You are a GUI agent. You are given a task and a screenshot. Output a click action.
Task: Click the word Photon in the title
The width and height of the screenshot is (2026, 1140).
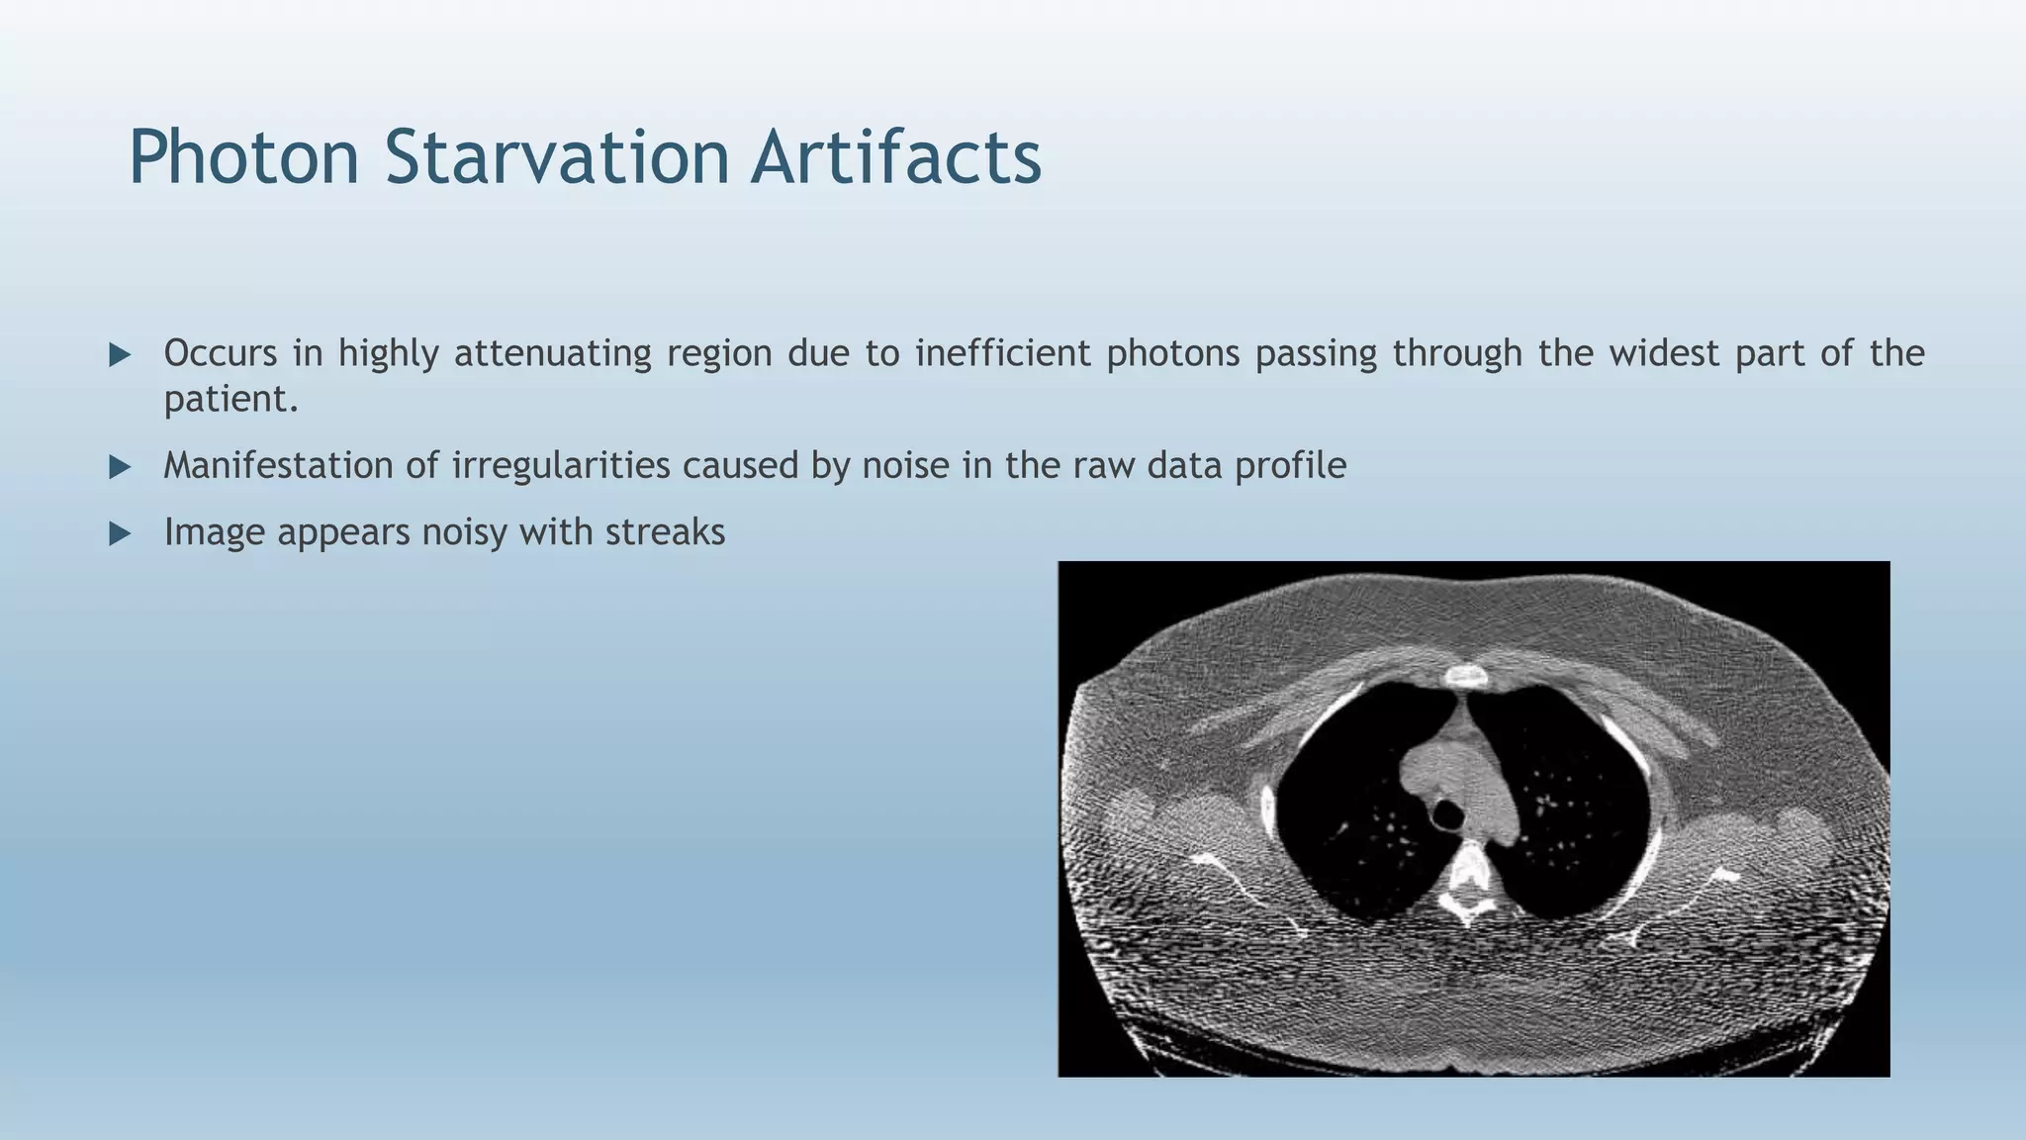point(243,157)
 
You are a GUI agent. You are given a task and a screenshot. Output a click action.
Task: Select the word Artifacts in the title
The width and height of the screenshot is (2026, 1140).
point(895,157)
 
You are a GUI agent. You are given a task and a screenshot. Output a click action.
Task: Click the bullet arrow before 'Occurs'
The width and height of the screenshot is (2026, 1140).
point(120,354)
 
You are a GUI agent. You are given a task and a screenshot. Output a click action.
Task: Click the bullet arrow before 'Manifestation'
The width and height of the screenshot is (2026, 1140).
point(120,466)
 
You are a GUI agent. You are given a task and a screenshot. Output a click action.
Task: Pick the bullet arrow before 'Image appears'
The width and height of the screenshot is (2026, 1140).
point(120,533)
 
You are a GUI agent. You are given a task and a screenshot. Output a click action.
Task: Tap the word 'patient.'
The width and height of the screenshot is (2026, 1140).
point(230,399)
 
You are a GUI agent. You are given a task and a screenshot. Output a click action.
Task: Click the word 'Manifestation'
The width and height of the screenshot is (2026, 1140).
point(278,465)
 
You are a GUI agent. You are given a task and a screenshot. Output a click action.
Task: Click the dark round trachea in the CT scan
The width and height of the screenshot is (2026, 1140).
point(1447,815)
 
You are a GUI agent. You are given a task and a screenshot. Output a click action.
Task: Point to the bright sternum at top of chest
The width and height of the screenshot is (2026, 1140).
point(1465,677)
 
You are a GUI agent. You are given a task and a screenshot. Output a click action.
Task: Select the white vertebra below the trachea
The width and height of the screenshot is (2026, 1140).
point(1469,876)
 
